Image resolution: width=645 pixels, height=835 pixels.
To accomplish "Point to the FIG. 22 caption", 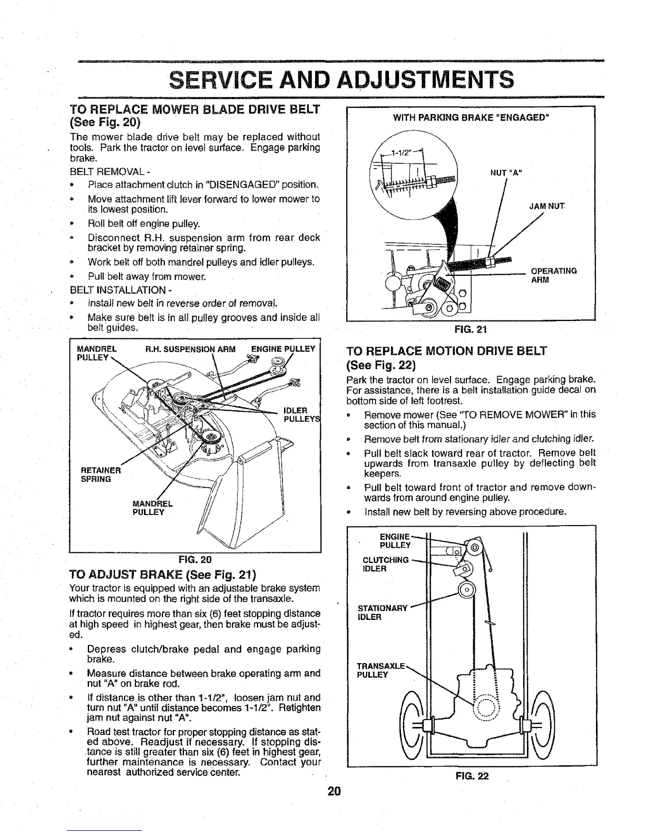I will click(x=472, y=775).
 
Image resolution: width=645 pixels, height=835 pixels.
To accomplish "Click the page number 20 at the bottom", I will click(x=334, y=791).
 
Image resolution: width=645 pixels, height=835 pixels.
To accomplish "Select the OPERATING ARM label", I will click(x=553, y=275).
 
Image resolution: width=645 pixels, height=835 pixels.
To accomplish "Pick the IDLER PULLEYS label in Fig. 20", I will click(x=299, y=414).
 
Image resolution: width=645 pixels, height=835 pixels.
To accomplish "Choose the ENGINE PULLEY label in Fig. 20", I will click(x=282, y=348).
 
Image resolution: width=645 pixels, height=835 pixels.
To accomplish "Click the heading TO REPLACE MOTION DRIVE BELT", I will click(x=447, y=351).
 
